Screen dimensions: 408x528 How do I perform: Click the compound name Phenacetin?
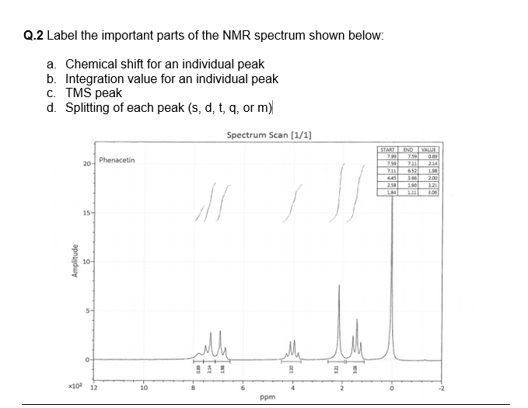(117, 160)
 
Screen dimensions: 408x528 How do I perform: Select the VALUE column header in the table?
(428, 149)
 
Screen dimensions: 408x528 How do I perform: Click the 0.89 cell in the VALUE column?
(429, 155)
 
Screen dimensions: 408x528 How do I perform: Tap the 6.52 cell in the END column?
(407, 169)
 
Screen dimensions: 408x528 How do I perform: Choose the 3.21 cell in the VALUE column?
(429, 183)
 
